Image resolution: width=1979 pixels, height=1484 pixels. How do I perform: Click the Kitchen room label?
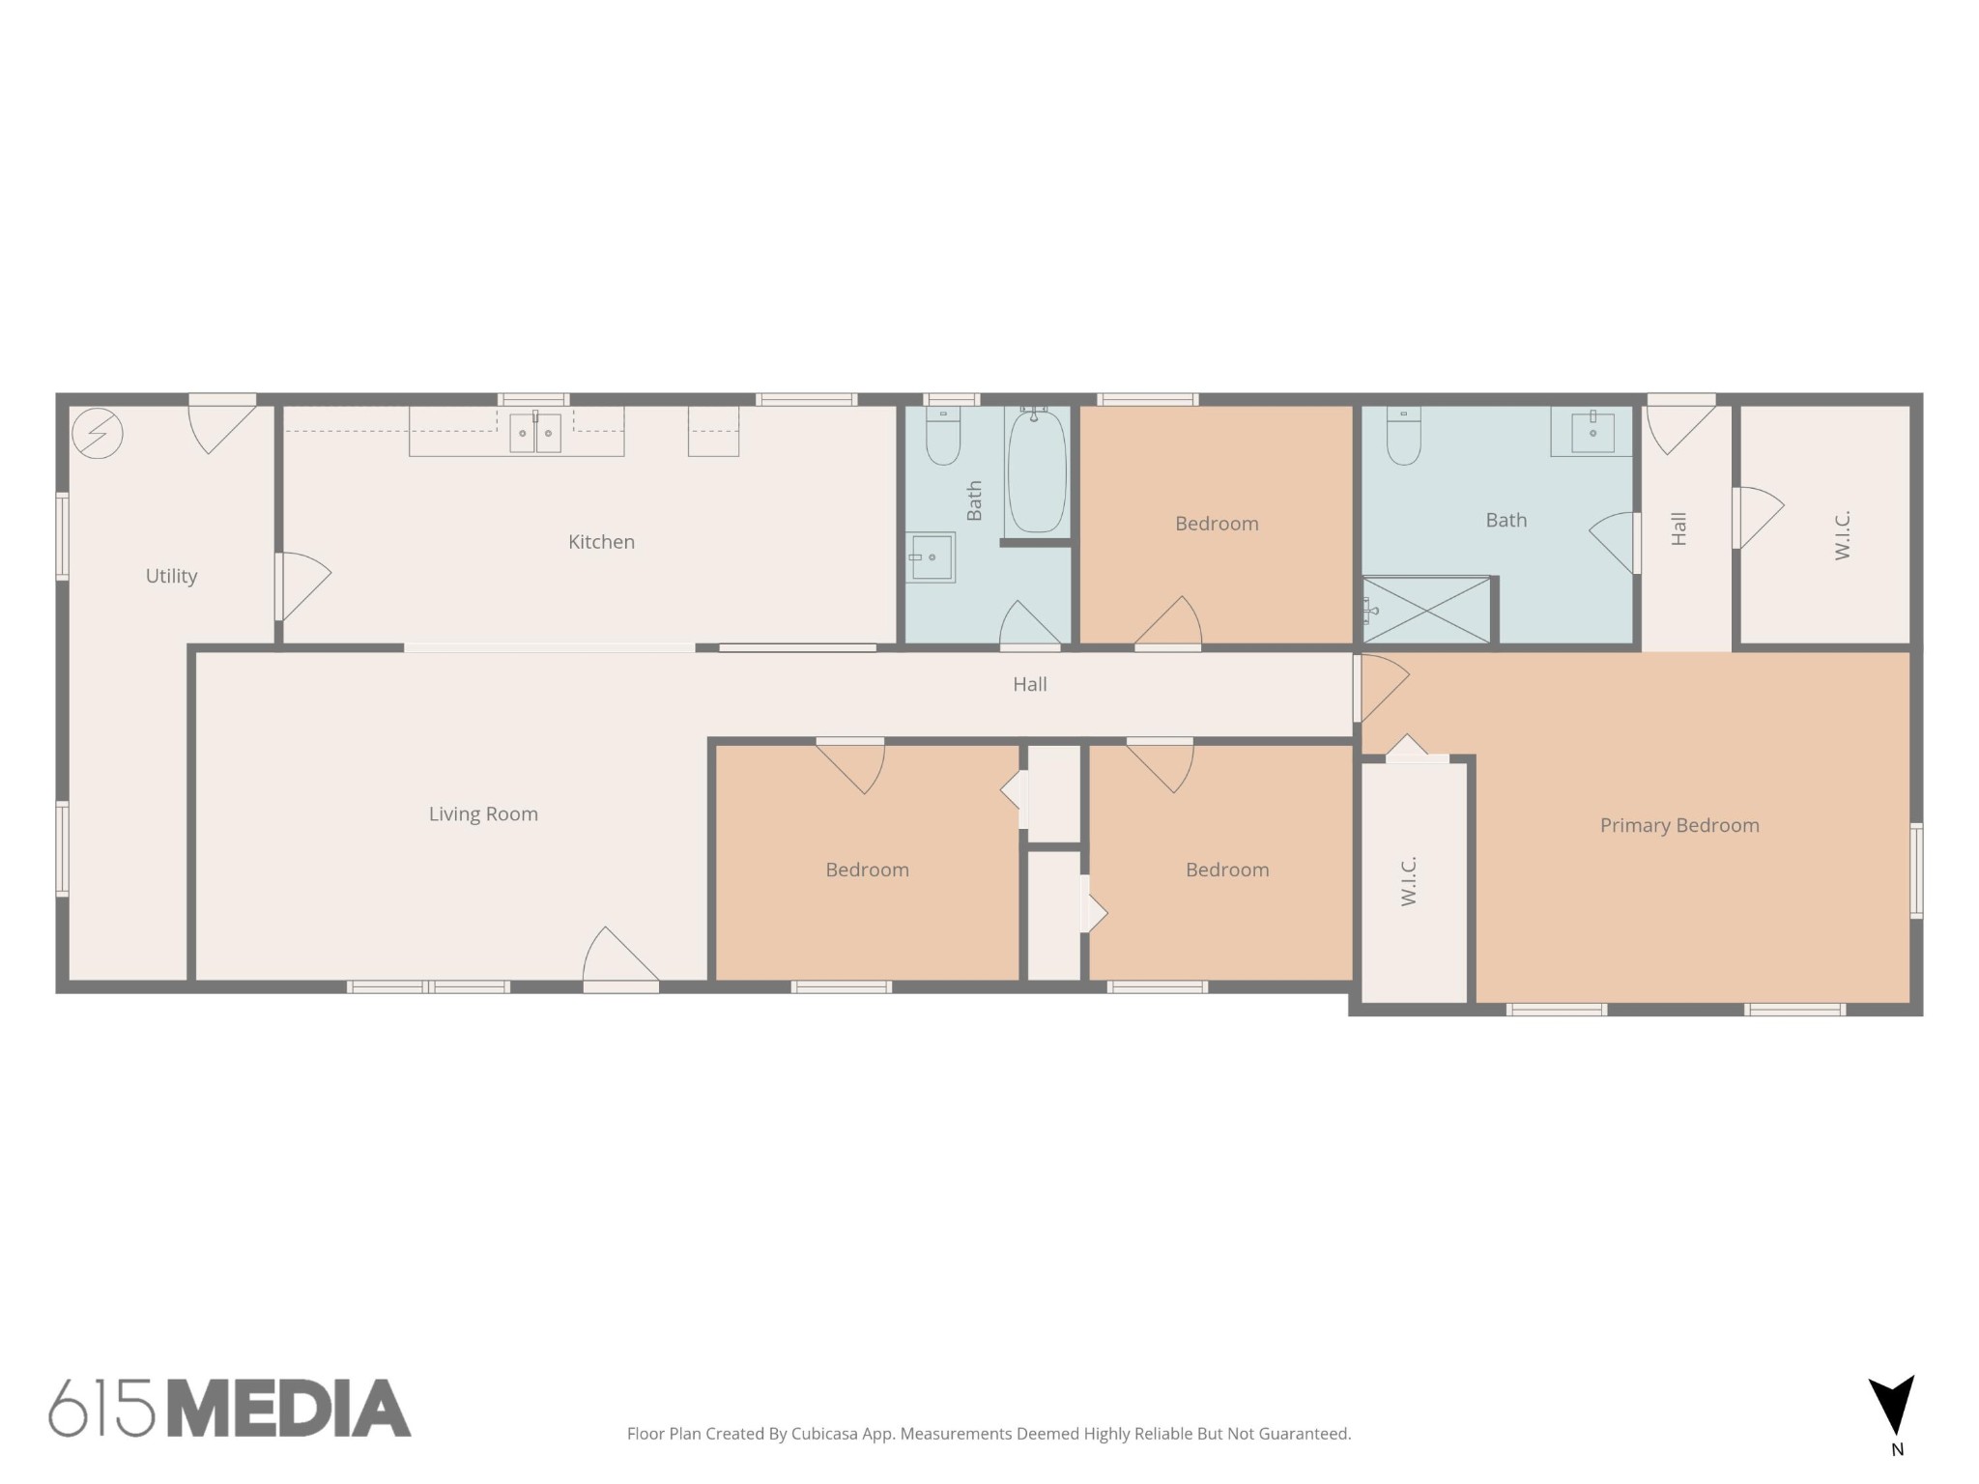pyautogui.click(x=601, y=542)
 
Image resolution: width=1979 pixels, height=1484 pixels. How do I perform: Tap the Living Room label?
pyautogui.click(x=483, y=814)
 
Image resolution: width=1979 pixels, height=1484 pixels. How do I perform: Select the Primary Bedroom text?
pyautogui.click(x=1679, y=826)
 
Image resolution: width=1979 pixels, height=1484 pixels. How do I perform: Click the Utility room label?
pyautogui.click(x=171, y=577)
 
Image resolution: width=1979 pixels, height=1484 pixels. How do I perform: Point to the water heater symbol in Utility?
pyautogui.click(x=98, y=433)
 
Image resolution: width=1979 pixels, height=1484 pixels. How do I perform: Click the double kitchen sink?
pyautogui.click(x=535, y=433)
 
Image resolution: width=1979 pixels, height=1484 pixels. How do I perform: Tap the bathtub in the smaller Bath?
pyautogui.click(x=1037, y=471)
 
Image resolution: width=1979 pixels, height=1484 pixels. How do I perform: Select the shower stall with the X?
pyautogui.click(x=1426, y=610)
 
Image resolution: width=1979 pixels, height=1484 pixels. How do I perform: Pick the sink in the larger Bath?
pyautogui.click(x=1592, y=431)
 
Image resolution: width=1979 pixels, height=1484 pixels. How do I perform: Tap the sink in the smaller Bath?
pyautogui.click(x=931, y=557)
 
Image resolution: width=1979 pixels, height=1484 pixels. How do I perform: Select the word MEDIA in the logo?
pyautogui.click(x=289, y=1409)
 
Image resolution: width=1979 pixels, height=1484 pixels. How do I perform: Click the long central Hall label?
pyautogui.click(x=1030, y=685)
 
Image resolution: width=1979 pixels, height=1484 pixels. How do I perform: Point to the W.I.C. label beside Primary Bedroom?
pyautogui.click(x=1409, y=880)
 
